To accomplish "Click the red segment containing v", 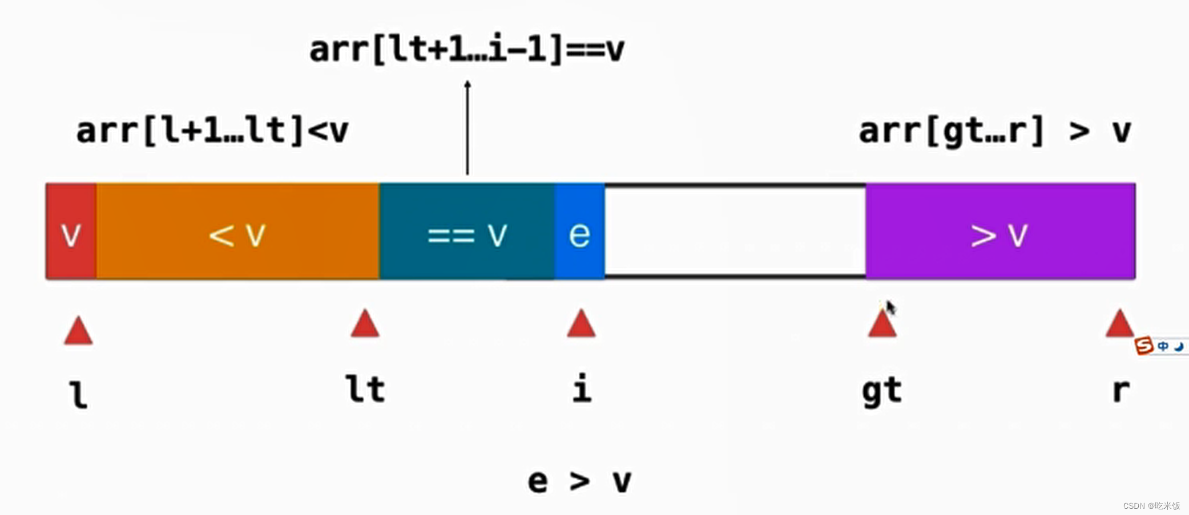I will pyautogui.click(x=71, y=232).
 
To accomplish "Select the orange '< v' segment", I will pyautogui.click(x=237, y=232).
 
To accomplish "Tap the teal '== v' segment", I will pyautogui.click(x=467, y=232).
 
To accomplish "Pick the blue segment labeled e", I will pyautogui.click(x=579, y=232).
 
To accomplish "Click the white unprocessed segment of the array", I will pyautogui.click(x=735, y=232).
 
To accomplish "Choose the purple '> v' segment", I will pyautogui.click(x=1000, y=232).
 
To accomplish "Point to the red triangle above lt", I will pyautogui.click(x=365, y=325).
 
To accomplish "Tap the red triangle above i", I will pyautogui.click(x=581, y=325).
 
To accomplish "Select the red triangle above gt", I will pyautogui.click(x=882, y=325).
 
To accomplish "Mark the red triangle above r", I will pyautogui.click(x=1119, y=325).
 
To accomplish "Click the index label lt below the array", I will pyautogui.click(x=365, y=390).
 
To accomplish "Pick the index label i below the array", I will pyautogui.click(x=582, y=390).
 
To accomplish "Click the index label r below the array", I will pyautogui.click(x=1121, y=391).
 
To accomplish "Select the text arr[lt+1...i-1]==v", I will pyautogui.click(x=466, y=50).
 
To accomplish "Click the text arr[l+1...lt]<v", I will pyautogui.click(x=212, y=131).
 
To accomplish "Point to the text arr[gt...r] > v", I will pyautogui.click(x=995, y=131).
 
